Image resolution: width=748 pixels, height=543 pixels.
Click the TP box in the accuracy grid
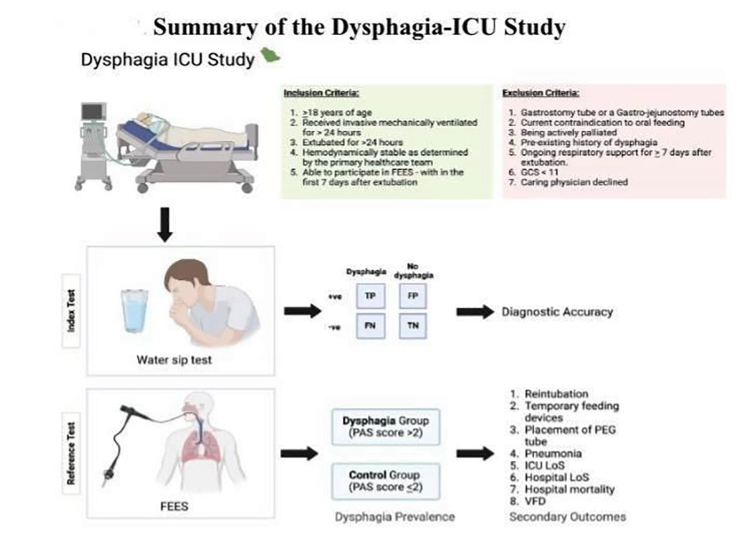point(369,297)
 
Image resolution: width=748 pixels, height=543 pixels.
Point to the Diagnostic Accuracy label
point(557,312)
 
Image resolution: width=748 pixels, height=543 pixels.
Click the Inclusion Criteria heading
point(321,93)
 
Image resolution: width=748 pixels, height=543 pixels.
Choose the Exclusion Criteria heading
point(540,93)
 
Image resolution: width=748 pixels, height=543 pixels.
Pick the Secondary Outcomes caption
point(567,517)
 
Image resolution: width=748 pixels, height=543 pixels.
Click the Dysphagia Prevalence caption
point(395,517)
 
